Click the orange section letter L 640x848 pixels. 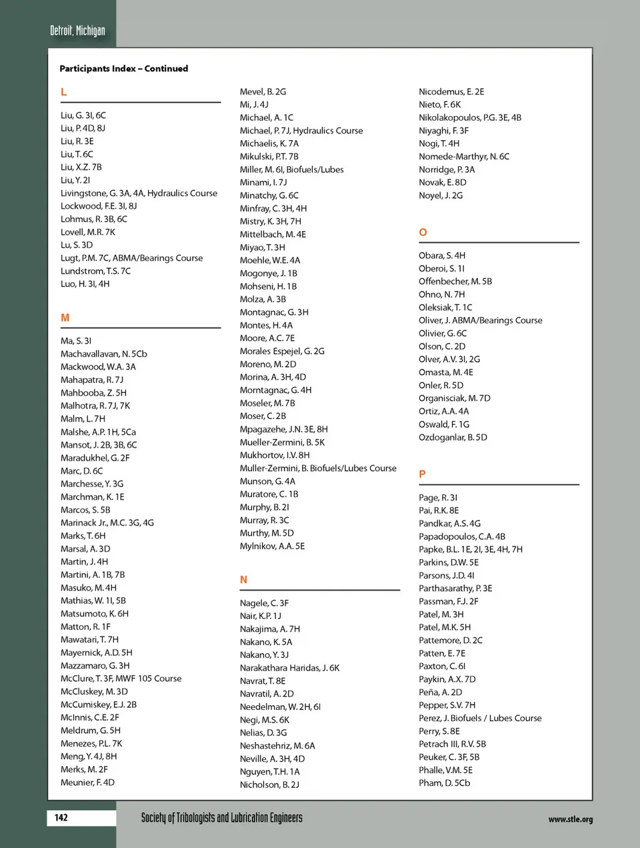tap(64, 92)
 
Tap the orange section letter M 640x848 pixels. tap(65, 318)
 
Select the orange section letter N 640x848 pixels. tap(243, 580)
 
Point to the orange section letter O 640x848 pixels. tap(423, 232)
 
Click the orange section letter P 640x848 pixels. tap(422, 474)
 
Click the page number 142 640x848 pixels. tap(61, 817)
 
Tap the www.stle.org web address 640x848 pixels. tap(570, 819)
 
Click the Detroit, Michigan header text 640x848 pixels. tap(77, 31)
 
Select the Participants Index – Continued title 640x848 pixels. tap(123, 69)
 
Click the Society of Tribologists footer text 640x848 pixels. tap(221, 818)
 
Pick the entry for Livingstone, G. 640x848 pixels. tap(139, 193)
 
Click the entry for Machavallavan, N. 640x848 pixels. tap(103, 354)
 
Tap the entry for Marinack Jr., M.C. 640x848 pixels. tap(107, 522)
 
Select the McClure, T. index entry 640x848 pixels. tap(121, 679)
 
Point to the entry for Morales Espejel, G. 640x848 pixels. tap(282, 351)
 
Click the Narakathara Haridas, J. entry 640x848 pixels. tap(289, 668)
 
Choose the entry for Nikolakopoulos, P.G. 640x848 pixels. tap(469, 117)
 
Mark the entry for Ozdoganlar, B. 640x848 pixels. tap(453, 438)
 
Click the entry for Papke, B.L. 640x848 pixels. tap(470, 549)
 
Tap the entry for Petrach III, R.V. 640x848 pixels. tap(452, 744)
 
